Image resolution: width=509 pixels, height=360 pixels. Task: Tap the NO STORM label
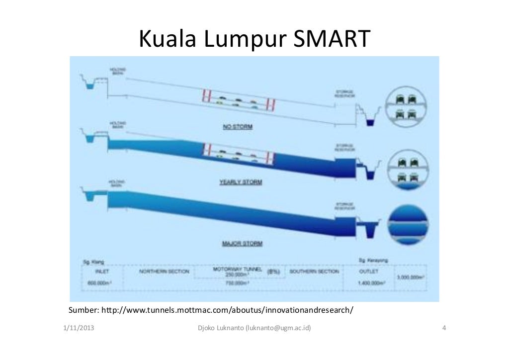point(237,127)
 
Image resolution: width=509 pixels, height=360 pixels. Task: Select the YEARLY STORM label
point(241,182)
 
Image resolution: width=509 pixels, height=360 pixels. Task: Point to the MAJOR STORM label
point(242,244)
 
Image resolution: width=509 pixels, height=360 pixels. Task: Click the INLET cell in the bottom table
point(101,271)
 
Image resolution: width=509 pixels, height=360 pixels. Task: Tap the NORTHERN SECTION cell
point(164,271)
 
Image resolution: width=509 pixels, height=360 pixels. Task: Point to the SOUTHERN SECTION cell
point(314,271)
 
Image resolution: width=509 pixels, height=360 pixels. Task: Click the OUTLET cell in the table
point(368,271)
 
